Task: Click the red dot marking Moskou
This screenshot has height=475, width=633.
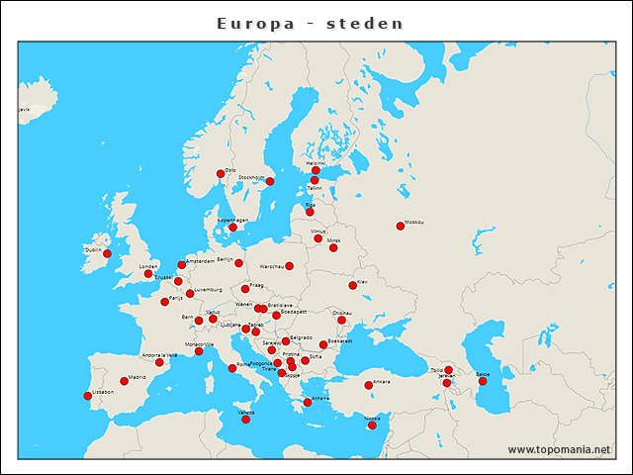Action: click(x=400, y=226)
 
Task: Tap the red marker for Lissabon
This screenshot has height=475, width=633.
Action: click(x=88, y=396)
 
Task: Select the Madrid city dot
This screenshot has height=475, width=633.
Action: click(x=124, y=381)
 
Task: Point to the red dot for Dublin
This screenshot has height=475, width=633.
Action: click(x=107, y=253)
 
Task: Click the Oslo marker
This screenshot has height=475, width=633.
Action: click(x=221, y=174)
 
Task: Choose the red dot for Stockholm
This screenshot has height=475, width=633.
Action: click(x=269, y=181)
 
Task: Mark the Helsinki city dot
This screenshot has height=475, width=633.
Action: click(x=316, y=170)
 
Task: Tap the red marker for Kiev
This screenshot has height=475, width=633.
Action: click(x=352, y=285)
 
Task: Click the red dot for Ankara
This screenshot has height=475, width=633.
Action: click(x=368, y=385)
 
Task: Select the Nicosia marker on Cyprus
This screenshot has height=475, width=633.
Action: click(x=372, y=425)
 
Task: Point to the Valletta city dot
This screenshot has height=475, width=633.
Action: click(x=245, y=419)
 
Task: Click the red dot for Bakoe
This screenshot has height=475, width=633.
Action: click(x=483, y=381)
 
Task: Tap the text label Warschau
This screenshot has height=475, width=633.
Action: click(x=271, y=266)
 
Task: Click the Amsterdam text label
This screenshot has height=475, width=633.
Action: click(x=200, y=261)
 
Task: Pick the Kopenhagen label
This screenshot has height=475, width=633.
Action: click(x=232, y=220)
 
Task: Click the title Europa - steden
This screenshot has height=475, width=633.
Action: click(x=310, y=23)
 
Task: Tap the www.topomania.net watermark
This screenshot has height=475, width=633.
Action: click(x=559, y=449)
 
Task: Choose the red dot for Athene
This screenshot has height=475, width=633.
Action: click(x=307, y=402)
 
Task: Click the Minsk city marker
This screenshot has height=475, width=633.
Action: click(x=332, y=247)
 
